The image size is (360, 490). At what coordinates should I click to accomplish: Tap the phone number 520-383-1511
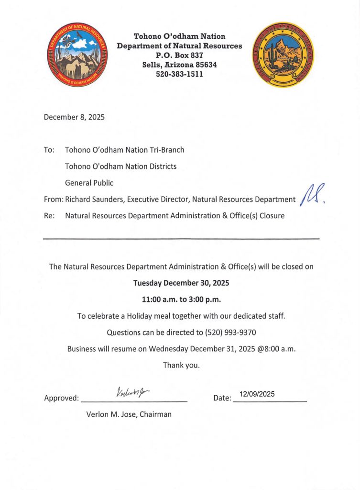[x=179, y=74]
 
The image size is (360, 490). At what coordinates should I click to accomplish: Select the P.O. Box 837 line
[x=179, y=56]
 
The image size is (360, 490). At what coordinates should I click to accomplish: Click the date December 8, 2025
[x=74, y=117]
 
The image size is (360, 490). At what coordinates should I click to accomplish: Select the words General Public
[x=89, y=183]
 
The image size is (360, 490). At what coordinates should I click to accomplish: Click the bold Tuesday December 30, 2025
[x=181, y=283]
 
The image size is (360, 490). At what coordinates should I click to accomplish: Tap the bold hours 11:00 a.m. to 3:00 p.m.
[x=181, y=300]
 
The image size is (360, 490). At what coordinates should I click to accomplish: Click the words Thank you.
[x=181, y=365]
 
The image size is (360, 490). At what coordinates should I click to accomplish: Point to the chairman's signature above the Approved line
[x=132, y=392]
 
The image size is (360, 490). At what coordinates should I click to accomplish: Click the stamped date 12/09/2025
[x=257, y=394]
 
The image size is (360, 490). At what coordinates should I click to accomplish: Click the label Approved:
[x=61, y=398]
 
